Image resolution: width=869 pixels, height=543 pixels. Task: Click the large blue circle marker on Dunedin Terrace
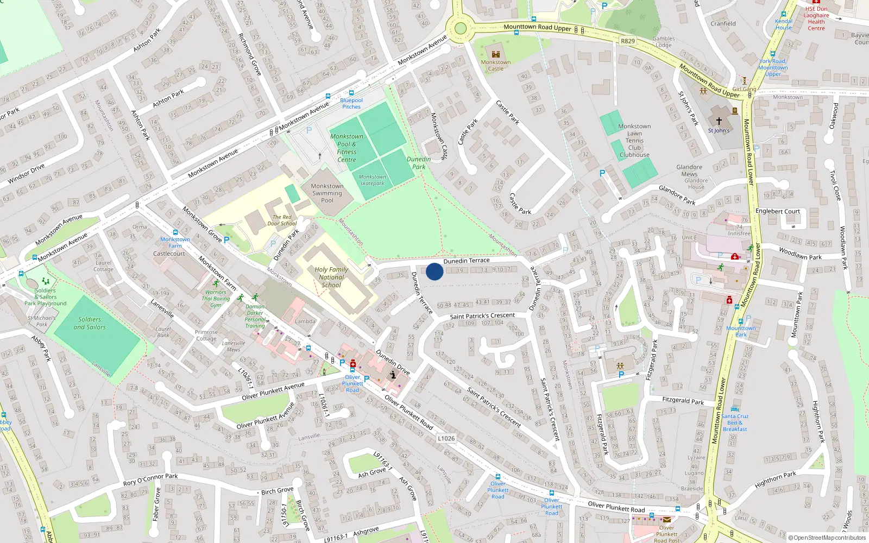coord(434,271)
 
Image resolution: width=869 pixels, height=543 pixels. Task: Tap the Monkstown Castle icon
coord(495,54)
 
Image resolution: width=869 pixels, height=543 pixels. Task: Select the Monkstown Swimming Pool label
coord(327,193)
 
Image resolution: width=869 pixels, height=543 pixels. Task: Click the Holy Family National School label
coord(331,277)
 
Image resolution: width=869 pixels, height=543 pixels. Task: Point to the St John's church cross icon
coord(719,121)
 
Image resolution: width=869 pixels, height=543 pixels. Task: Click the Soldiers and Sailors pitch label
coord(90,323)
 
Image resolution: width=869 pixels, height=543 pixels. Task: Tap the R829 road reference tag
coord(628,41)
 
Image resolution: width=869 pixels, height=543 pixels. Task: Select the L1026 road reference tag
coord(446,438)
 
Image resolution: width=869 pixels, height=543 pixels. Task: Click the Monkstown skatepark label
coord(372,180)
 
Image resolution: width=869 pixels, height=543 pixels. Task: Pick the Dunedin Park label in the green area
coord(419,163)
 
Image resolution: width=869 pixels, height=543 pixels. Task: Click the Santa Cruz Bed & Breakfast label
coord(735,422)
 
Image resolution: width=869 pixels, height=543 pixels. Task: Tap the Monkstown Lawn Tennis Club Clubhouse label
coord(634,140)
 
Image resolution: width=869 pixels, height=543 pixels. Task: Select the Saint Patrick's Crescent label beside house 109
coord(482,315)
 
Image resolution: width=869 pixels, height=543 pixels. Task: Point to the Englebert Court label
coord(778,211)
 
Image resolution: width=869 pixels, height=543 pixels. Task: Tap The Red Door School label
coord(285,220)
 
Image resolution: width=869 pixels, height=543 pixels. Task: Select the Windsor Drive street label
coord(26,174)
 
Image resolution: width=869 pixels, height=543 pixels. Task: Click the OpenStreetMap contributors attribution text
coord(827,538)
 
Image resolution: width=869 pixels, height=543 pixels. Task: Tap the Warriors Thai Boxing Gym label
coord(216,298)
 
